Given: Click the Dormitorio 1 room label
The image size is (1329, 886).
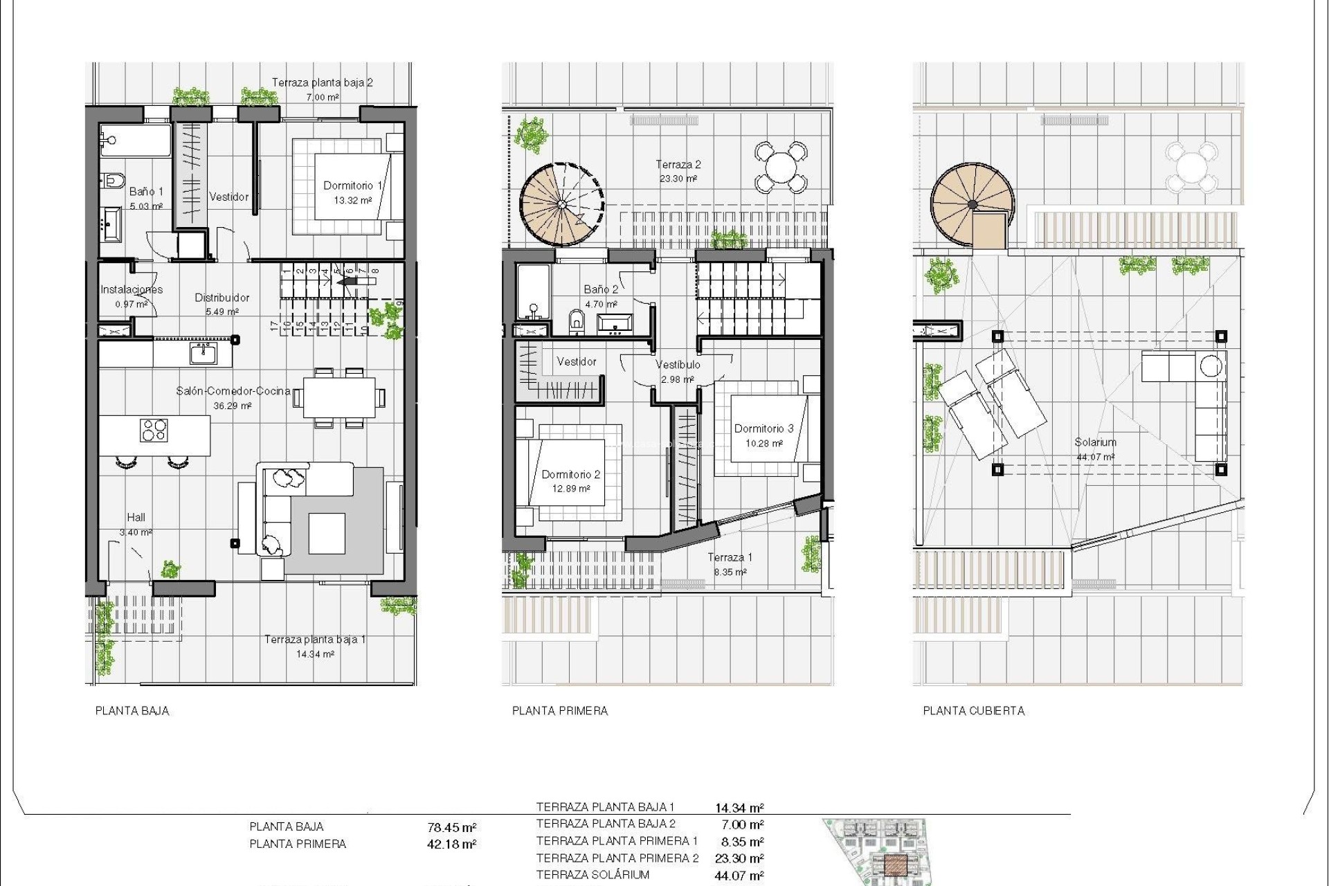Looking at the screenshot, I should coord(353,186).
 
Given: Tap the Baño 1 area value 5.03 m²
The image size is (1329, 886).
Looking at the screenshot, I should coord(146,206).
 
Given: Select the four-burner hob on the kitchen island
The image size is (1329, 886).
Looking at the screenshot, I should coord(154,430).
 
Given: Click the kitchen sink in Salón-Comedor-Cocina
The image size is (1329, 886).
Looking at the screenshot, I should coord(204,354).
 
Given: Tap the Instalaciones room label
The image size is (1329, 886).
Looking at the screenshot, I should coord(132,289).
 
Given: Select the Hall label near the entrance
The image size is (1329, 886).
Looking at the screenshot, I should coord(136,517).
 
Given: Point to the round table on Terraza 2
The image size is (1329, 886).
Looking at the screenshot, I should coord(780,167).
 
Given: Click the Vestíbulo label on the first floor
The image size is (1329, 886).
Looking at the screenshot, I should coord(678,365).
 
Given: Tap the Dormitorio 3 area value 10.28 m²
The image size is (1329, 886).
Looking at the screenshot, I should coord(763,444).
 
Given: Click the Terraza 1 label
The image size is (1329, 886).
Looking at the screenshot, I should coord(730,557).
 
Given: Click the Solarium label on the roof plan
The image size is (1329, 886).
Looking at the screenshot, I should coord(1095,442).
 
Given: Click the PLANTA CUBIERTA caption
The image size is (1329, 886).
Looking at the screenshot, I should coord(973,711).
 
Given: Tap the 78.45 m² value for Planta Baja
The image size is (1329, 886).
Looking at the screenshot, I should coord(452,827).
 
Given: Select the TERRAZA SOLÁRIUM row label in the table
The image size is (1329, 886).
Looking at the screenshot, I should coord(593,875).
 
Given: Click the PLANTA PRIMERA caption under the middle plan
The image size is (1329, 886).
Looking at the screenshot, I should coord(559,711).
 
